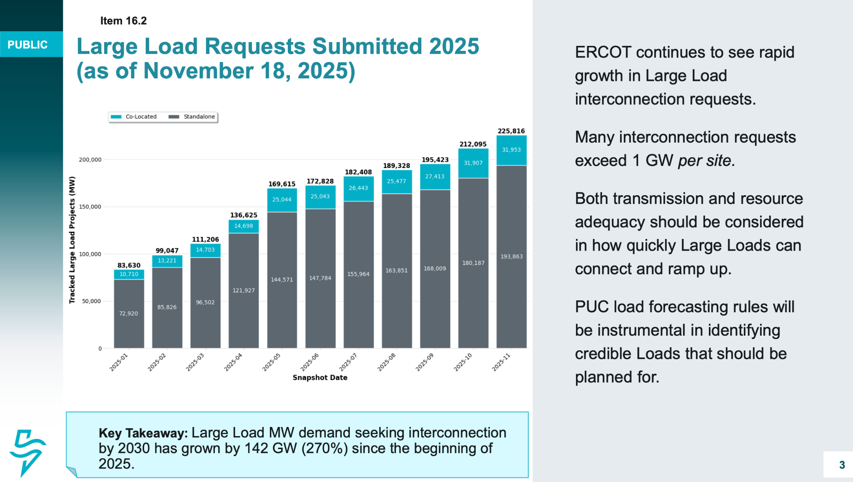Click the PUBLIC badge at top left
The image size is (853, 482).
[27, 45]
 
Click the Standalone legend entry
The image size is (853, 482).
[192, 117]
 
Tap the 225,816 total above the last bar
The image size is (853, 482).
[511, 131]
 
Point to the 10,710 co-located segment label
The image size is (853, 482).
[129, 274]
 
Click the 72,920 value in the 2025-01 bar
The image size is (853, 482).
[128, 313]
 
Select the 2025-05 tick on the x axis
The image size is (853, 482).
[272, 362]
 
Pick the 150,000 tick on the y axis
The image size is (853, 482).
[90, 207]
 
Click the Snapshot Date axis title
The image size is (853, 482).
[319, 377]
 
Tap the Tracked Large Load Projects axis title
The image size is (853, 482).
[72, 240]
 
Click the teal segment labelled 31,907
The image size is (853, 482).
[473, 163]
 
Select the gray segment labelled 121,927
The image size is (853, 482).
[244, 290]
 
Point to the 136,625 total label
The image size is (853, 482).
[244, 215]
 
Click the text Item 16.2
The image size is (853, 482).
[123, 21]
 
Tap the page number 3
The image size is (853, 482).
[842, 464]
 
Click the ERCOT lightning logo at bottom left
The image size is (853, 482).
[27, 452]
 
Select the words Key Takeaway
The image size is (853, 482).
[143, 433]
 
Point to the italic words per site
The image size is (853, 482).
[706, 161]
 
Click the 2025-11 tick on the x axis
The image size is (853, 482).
[501, 362]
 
